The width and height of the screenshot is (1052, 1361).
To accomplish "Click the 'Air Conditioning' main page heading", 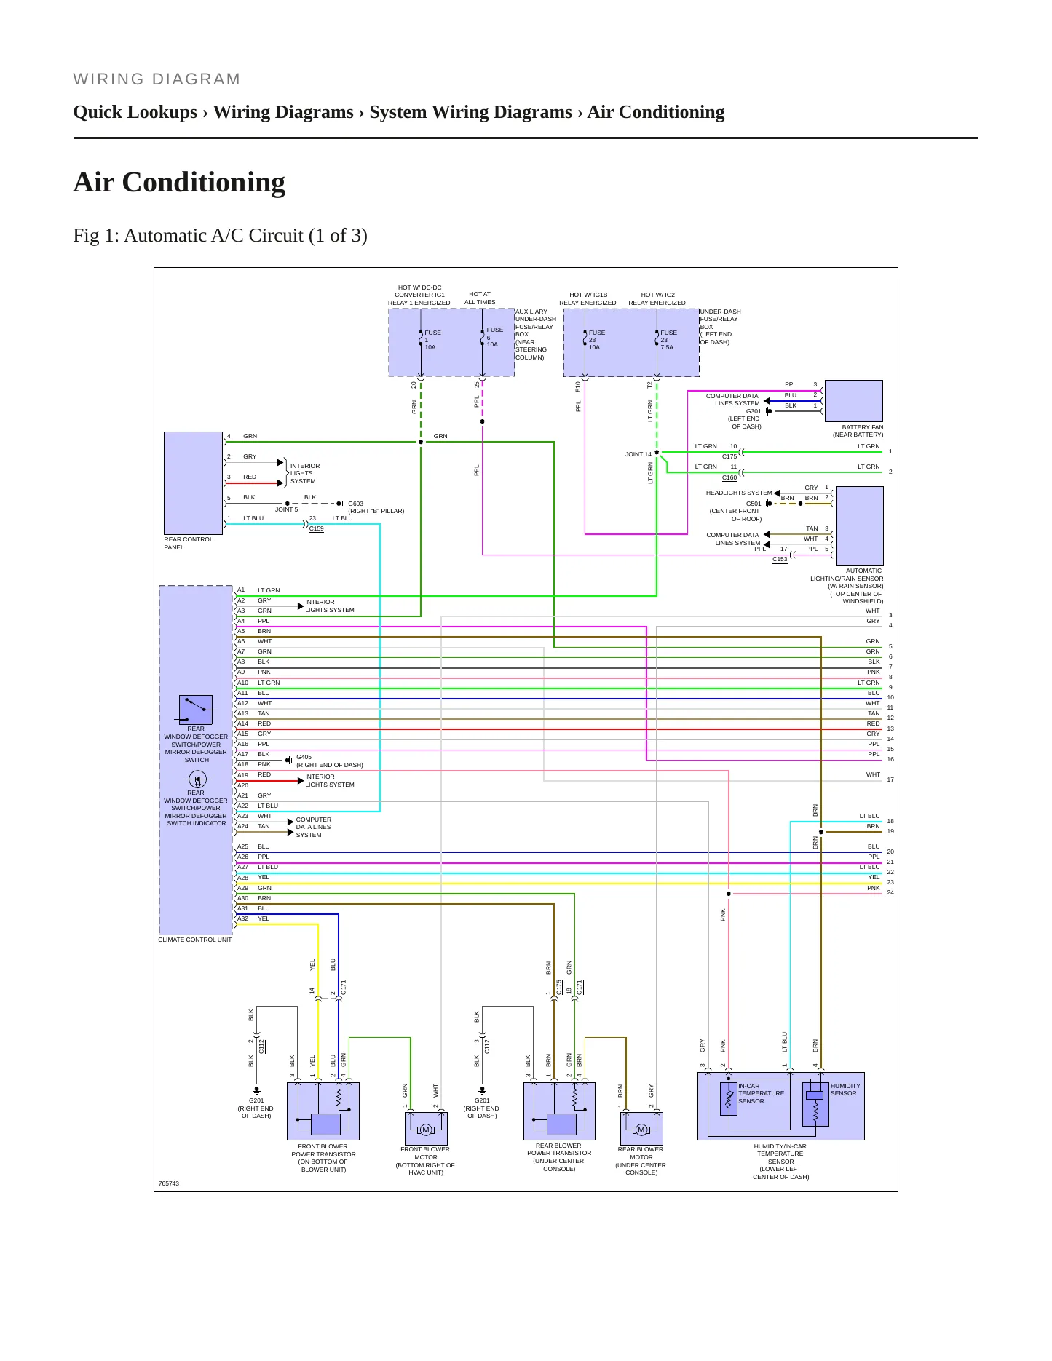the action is tap(179, 182).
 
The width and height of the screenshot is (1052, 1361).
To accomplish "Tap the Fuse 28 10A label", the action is tap(596, 340).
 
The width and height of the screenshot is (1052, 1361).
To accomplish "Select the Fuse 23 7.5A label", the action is tap(668, 340).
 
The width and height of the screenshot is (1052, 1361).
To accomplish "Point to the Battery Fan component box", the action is tap(853, 401).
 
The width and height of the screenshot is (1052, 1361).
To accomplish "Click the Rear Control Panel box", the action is tap(193, 483).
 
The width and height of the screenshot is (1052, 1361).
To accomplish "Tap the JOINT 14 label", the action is tap(638, 454).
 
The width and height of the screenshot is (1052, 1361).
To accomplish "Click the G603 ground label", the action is tap(355, 504).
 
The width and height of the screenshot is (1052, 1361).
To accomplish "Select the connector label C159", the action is tap(316, 529).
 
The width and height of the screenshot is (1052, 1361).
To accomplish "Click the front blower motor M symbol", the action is tap(426, 1130).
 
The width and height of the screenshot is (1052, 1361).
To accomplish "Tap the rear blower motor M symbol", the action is tap(641, 1130).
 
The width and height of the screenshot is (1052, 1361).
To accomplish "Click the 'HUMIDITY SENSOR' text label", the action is tap(845, 1090).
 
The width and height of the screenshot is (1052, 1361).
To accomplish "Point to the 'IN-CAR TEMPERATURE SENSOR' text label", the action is tap(761, 1093).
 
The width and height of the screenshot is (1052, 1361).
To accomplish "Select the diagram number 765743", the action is tap(169, 1183).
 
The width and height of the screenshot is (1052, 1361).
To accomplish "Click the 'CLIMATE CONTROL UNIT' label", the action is tap(195, 940).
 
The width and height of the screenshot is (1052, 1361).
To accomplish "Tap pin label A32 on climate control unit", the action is tap(242, 918).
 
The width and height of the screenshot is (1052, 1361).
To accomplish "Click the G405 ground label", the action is tap(304, 757).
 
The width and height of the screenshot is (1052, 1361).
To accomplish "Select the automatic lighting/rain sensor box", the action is tap(859, 525).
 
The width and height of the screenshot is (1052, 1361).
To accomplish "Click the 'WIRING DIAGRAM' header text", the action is tap(157, 79).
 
